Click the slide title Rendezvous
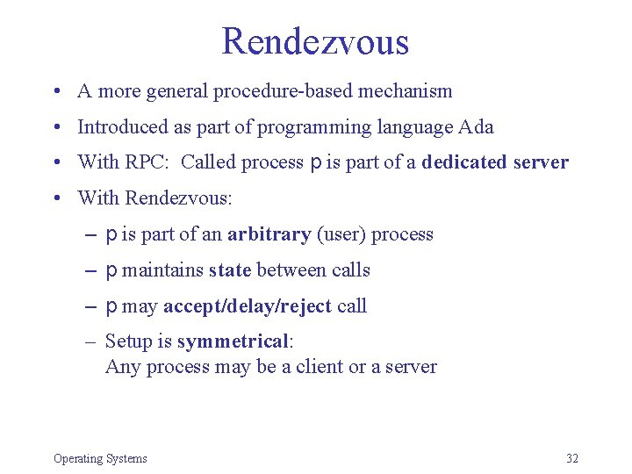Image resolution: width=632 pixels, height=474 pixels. [315, 41]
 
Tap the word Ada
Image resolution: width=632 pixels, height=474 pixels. [476, 127]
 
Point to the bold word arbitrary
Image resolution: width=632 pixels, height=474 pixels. [269, 234]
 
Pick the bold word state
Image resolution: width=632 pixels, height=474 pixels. [230, 270]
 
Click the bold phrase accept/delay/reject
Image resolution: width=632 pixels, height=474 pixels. [248, 306]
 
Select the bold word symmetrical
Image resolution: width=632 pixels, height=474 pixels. [233, 341]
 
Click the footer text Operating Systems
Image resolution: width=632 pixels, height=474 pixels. [100, 458]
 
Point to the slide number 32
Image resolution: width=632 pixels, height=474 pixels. [572, 458]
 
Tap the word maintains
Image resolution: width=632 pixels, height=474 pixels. [162, 270]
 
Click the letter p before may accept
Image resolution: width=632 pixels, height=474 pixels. [111, 307]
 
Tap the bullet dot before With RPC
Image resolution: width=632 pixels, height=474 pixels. [55, 163]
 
